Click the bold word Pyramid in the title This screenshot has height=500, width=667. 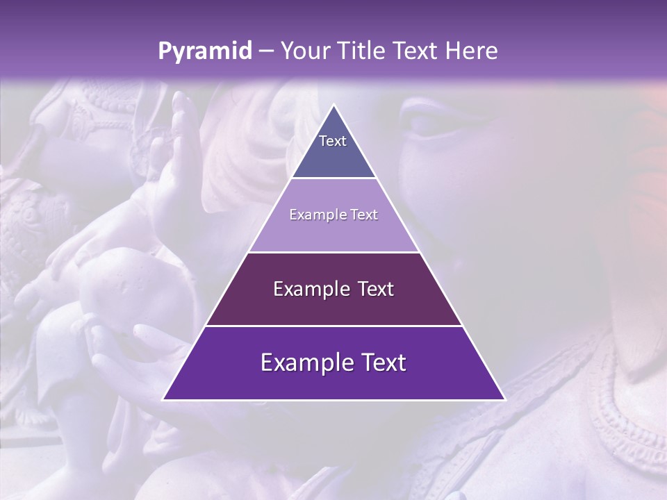click(205, 51)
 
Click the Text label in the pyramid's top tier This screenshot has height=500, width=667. click(333, 141)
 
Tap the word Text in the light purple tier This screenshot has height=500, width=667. click(364, 215)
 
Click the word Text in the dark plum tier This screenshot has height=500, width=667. click(376, 289)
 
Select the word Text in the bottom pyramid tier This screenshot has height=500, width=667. click(386, 362)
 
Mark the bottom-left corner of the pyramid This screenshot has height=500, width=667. click(163, 400)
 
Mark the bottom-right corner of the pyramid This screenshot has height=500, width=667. click(505, 400)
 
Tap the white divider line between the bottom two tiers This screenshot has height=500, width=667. click(333, 326)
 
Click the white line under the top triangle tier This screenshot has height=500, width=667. click(333, 178)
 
